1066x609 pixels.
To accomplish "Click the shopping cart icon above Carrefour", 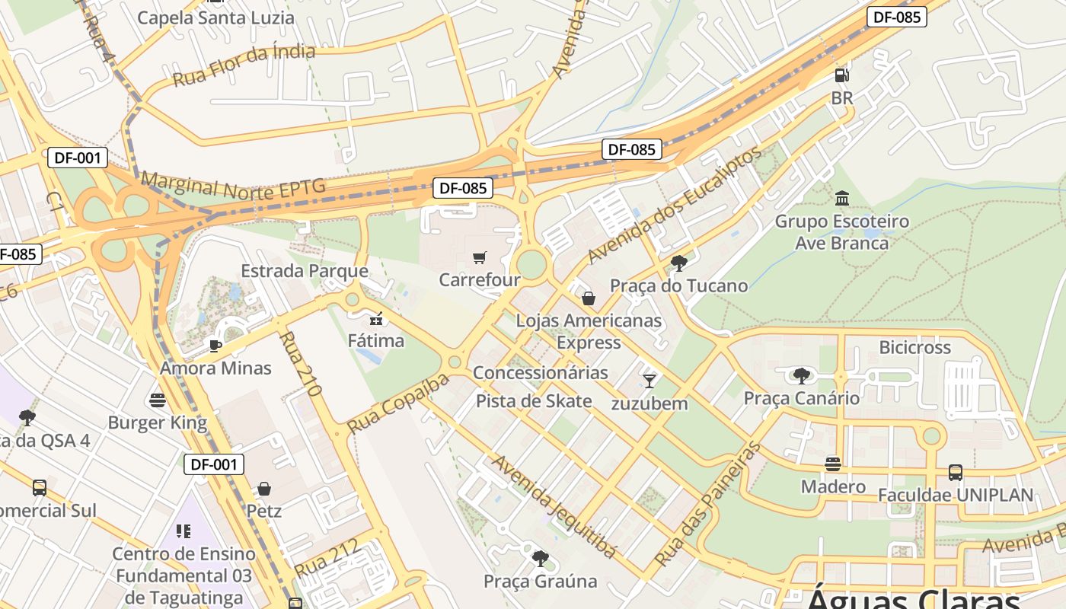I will click(x=479, y=258).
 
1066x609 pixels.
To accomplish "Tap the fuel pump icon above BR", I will click(x=842, y=75).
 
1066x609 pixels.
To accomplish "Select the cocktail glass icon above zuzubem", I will click(x=649, y=381).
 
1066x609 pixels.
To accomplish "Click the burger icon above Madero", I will click(x=833, y=464).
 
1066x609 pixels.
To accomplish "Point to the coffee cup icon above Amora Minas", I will click(x=215, y=346).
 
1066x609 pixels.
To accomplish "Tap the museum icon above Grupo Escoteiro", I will click(x=842, y=199).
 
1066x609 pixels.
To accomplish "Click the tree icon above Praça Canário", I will click(x=801, y=375).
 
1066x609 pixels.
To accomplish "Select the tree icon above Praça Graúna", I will click(x=541, y=559).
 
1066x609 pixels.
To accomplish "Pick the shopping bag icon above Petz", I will click(x=264, y=488).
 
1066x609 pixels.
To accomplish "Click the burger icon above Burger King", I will click(x=158, y=400).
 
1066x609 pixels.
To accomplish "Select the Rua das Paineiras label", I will click(x=708, y=503).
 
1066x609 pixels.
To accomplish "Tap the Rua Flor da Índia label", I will click(x=244, y=65).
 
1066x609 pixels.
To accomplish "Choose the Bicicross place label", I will click(x=914, y=348).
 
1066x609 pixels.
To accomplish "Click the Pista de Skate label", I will click(x=534, y=401).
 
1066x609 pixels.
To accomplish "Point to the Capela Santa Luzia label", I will click(x=215, y=18).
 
